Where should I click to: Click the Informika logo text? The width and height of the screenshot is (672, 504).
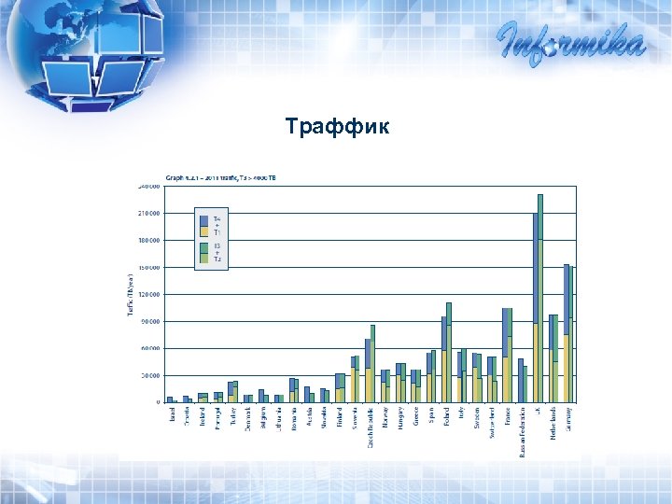[x=570, y=41]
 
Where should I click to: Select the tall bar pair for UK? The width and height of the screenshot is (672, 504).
[x=538, y=299]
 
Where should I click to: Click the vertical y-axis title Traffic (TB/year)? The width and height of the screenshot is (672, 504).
[x=130, y=294]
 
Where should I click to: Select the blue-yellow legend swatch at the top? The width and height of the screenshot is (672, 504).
[x=203, y=224]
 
